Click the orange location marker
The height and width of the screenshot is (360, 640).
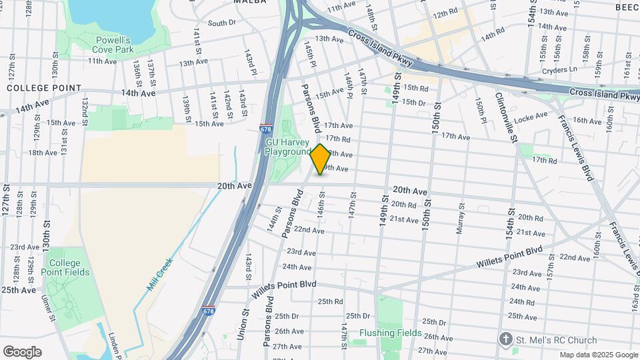pyautogui.click(x=320, y=159)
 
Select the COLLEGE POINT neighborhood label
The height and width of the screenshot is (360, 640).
pyautogui.click(x=44, y=88)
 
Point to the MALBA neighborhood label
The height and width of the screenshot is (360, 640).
pyautogui.click(x=250, y=2)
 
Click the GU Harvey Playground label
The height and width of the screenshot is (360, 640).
pyautogui.click(x=287, y=147)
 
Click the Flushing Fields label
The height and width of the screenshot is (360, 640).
pyautogui.click(x=390, y=333)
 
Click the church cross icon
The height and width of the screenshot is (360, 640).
pyautogui.click(x=507, y=339)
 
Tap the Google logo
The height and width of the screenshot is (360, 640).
pyautogui.click(x=22, y=351)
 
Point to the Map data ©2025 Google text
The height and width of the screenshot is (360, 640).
pyautogui.click(x=598, y=355)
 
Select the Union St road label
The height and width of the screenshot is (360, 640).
pyautogui.click(x=241, y=324)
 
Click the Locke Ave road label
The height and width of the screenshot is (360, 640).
pyautogui.click(x=531, y=117)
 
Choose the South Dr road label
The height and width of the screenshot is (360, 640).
pyautogui.click(x=222, y=23)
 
